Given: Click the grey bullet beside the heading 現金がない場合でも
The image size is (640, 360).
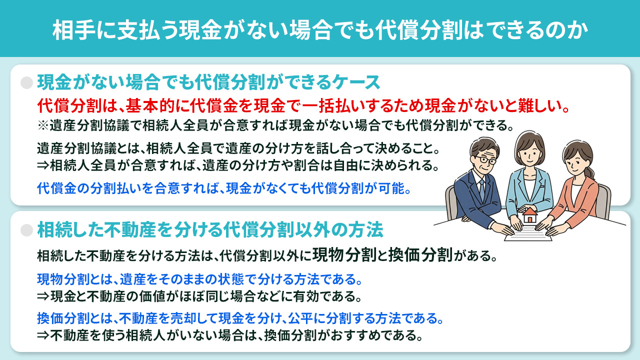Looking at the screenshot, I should [x=26, y=81].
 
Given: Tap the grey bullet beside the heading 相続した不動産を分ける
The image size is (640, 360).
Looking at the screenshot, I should [x=26, y=229].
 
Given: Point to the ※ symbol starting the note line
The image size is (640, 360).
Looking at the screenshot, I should [x=42, y=125].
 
